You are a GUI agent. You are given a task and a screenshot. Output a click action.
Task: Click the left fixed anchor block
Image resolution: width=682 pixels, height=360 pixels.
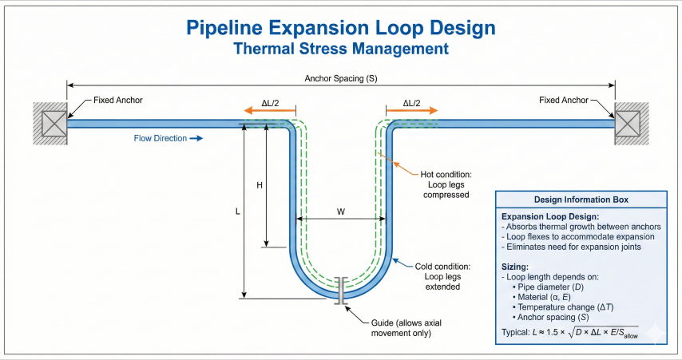point(50,124)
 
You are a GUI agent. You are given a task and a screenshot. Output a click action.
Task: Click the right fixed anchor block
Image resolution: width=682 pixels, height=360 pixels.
point(631,124)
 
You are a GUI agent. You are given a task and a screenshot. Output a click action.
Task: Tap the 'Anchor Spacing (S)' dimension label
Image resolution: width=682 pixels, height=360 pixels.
point(340,78)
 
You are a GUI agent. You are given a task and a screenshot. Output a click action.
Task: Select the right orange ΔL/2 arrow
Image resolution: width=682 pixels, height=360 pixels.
point(411,113)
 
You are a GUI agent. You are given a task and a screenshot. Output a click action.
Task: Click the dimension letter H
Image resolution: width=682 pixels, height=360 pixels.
point(259,185)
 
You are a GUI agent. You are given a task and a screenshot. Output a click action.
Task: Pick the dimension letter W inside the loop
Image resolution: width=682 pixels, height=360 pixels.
point(341,212)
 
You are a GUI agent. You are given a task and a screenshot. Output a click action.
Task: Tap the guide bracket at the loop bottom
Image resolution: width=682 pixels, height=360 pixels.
point(341,290)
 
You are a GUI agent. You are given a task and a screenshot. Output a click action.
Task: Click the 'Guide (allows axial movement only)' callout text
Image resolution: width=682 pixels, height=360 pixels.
point(400,327)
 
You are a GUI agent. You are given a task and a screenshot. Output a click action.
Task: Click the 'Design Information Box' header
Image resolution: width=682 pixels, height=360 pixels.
point(581,200)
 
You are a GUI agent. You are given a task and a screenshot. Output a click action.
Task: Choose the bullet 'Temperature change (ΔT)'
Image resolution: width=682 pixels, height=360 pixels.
point(562,307)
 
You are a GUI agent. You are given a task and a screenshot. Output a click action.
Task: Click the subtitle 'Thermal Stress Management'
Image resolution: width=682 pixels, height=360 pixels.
point(340,49)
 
